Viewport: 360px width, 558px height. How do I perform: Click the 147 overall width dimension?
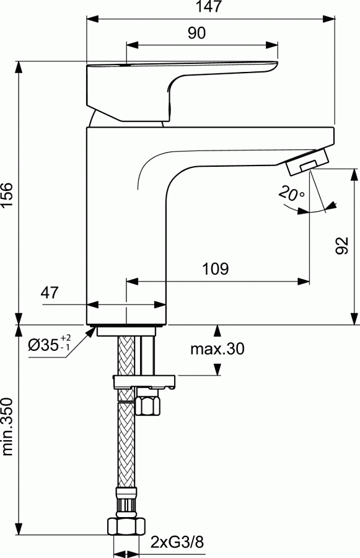pyautogui.click(x=210, y=7)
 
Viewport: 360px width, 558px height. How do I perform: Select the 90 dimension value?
pyautogui.click(x=196, y=34)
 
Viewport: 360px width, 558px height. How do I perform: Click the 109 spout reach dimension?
pyautogui.click(x=216, y=269)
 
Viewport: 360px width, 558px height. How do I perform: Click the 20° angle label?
pyautogui.click(x=291, y=194)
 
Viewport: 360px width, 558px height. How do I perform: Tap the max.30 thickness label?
pyautogui.click(x=217, y=349)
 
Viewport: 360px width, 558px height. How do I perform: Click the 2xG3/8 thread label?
pyautogui.click(x=177, y=543)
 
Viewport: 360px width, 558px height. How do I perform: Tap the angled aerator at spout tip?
pyautogui.click(x=306, y=163)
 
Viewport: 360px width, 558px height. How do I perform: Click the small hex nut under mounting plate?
pyautogui.click(x=147, y=405)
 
